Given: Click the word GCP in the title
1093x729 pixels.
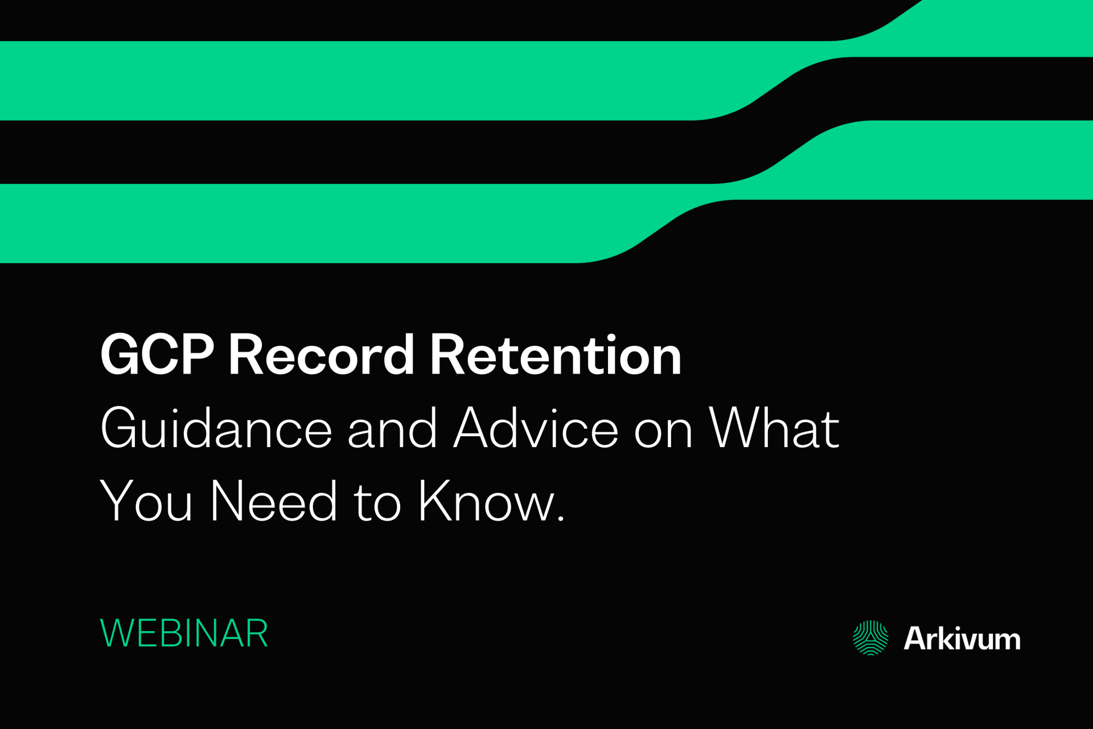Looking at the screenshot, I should [x=157, y=355].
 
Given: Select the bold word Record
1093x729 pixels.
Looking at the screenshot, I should [x=321, y=355].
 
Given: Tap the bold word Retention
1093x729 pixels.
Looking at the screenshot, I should [x=555, y=355].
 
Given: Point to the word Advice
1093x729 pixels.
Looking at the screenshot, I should [x=535, y=428].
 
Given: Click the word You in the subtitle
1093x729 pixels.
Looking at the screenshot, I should [x=146, y=501].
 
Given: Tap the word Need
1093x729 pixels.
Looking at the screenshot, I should [x=274, y=501].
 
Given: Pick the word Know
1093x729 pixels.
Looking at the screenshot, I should [x=484, y=501].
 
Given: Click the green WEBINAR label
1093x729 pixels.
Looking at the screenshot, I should [x=184, y=633].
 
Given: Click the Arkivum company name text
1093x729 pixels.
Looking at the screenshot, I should [x=961, y=638].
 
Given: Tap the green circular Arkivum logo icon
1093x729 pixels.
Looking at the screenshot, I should [x=870, y=638].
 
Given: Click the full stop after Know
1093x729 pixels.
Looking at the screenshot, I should [x=561, y=518].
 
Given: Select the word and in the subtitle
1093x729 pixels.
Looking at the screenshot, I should [x=392, y=428].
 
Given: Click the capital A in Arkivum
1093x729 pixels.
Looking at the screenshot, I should [x=917, y=638].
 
